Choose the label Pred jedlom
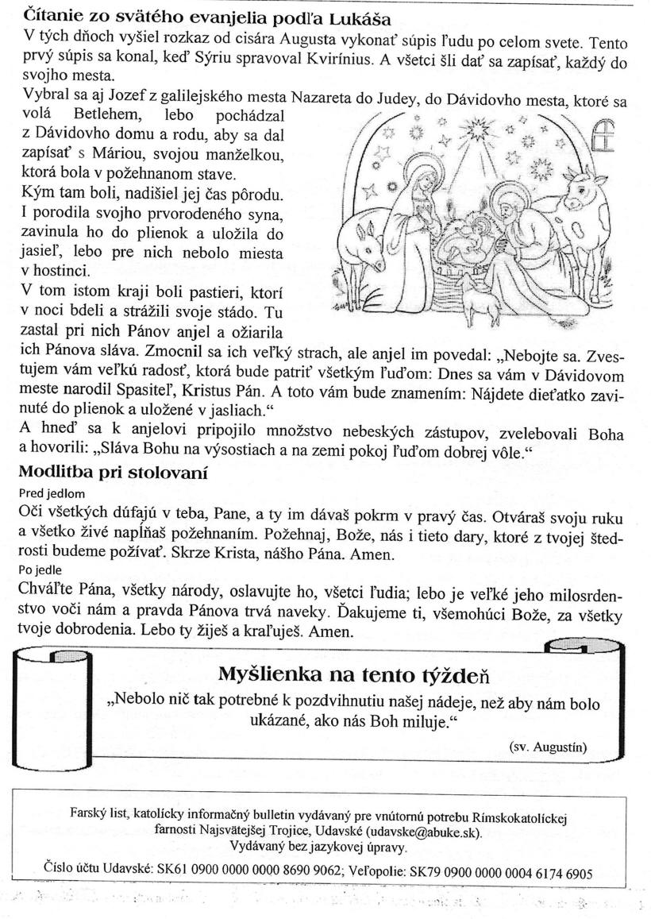click(x=52, y=493)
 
